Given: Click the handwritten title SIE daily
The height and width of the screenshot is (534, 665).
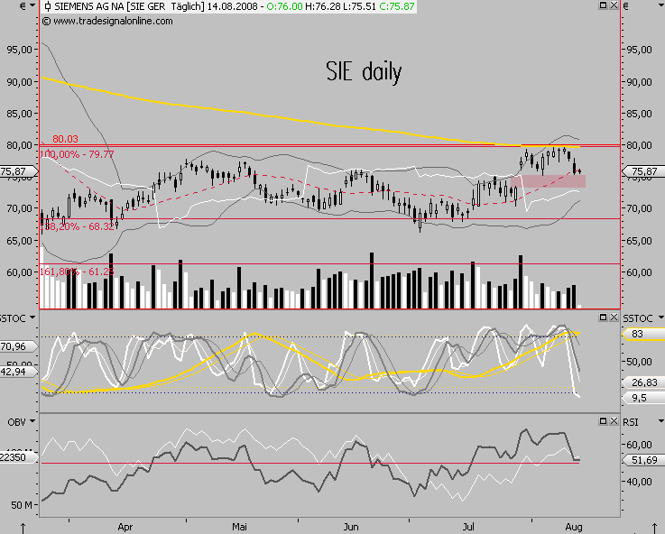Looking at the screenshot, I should pos(364,71).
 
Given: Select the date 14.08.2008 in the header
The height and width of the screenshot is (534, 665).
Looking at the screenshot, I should pos(233,6).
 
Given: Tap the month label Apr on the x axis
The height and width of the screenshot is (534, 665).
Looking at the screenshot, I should pos(125,525).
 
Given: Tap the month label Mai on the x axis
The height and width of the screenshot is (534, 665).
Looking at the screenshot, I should pos(239,525).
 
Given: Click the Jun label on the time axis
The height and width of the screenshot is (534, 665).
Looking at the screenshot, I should pos(352,525).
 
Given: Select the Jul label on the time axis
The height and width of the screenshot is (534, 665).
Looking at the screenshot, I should pos(469,525).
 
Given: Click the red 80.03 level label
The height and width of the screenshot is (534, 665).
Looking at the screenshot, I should pos(65,139).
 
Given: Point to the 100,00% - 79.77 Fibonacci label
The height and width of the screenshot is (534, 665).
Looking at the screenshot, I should pos(78,155).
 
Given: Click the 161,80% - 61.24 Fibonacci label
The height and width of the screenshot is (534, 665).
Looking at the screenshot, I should pos(78,271).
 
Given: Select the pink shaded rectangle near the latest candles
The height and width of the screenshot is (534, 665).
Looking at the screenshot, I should pos(547,181).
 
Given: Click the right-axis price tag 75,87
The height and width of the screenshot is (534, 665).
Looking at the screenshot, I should pos(644,171).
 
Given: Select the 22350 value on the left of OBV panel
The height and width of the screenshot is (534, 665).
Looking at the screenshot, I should pos(19,458).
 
